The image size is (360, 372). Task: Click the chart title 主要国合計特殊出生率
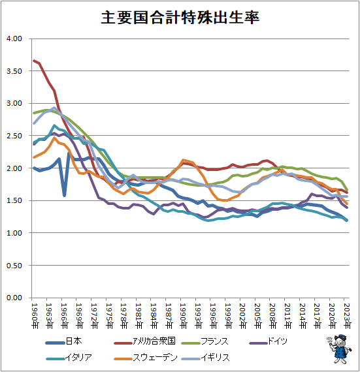pos(180,18)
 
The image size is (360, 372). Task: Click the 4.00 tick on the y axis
pos(14,39)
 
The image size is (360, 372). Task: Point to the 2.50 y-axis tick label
pos(14,136)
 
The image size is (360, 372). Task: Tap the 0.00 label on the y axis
pos(14,298)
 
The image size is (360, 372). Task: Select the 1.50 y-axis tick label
pos(14,201)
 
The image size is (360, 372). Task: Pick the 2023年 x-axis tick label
pos(346,314)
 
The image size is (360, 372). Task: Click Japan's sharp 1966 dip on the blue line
pos(64,194)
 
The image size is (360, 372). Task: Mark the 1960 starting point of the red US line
pos(34,61)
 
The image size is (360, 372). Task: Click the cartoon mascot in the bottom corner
pos(339,349)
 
